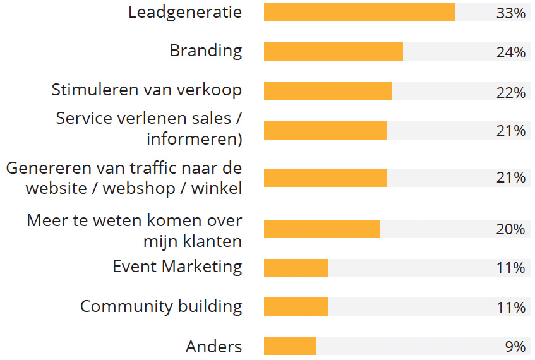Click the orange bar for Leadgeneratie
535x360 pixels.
click(359, 13)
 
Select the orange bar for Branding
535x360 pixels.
click(333, 51)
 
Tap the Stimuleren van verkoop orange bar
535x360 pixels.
click(327, 91)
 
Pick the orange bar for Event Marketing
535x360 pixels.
click(296, 267)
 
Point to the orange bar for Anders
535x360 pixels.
click(290, 345)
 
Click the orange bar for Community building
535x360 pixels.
click(296, 307)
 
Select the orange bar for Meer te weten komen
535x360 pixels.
click(322, 229)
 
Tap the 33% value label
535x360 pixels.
click(510, 13)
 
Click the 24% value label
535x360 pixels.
click(510, 52)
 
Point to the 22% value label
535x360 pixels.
click(510, 92)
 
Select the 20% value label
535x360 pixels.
click(510, 229)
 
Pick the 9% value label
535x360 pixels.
click(515, 346)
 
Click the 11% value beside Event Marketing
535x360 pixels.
click(510, 268)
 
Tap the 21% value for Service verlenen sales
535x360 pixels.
click(510, 131)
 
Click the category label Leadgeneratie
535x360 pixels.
click(184, 12)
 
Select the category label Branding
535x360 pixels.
click(205, 51)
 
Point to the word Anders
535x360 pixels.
click(213, 346)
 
